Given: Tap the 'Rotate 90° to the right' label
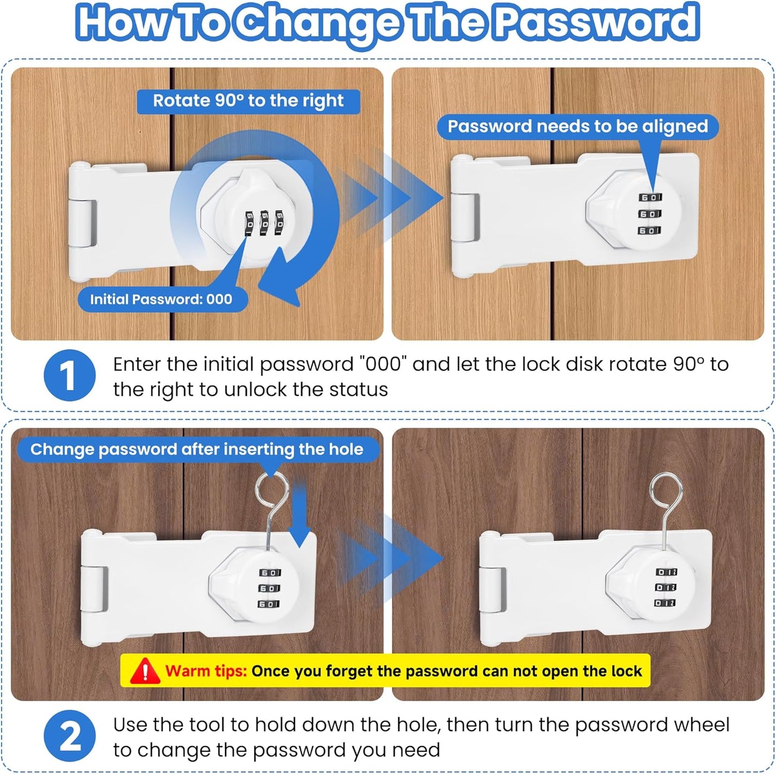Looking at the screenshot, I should pos(248,101).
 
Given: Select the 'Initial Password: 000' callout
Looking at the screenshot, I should pos(161,299).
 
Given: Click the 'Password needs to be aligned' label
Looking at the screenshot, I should pos(578,127).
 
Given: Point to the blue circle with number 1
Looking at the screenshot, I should pos(69,375).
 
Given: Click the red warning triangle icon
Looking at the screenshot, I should pos(144,671).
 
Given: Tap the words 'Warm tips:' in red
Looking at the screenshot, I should pos(206,671).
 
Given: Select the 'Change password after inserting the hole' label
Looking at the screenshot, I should pos(197,450).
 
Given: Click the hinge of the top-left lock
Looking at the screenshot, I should pos(83,223).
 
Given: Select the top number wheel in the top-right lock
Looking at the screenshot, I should pos(650,198).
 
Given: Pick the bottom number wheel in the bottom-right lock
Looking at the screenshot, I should pos(665,603).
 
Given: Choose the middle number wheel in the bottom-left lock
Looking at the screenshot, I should pos(270,589).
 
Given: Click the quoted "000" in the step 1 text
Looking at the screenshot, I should pos(383,365).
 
